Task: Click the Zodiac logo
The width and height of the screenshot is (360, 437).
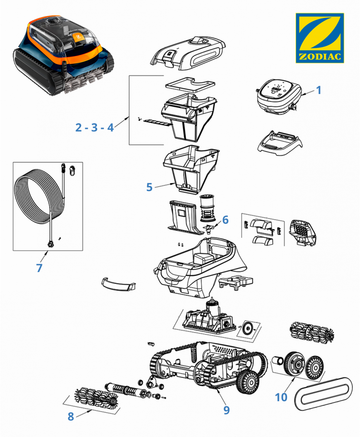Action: [x=320, y=38]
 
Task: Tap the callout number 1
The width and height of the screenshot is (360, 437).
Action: [x=319, y=90]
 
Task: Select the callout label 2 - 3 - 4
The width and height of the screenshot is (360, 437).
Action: [x=94, y=127]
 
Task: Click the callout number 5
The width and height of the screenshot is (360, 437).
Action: [x=149, y=187]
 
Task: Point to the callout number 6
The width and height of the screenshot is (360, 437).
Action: [x=225, y=220]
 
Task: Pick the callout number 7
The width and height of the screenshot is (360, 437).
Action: [x=39, y=268]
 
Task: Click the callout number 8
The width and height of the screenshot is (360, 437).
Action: [x=70, y=416]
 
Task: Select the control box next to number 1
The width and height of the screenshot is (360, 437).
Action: [x=279, y=96]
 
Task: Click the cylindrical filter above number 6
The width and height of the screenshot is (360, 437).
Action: [x=207, y=208]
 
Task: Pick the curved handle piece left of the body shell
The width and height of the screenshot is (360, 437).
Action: [x=118, y=284]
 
